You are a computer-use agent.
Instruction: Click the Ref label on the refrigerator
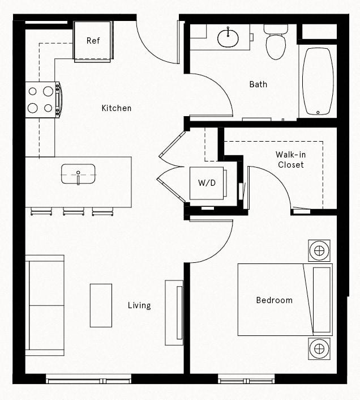pos(93,41)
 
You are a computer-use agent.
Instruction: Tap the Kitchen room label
pos(117,108)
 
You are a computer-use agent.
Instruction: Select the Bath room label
pos(258,84)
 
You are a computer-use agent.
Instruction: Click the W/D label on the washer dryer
pos(207,182)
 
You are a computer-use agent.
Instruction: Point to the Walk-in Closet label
pos(290,160)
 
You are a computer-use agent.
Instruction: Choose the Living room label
pos(139,305)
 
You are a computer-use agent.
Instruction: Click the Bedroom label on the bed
pos(274,300)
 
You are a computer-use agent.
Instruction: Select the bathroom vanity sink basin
pos(228,39)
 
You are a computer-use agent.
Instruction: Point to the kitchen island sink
pos(78,175)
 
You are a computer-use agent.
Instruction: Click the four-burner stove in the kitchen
pos(42,99)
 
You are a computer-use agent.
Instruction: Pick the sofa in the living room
pos(45,305)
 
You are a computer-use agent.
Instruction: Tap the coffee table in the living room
pos(101,305)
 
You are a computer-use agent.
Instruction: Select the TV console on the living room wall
pos(174,312)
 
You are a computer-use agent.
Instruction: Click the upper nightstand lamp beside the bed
pos(319,250)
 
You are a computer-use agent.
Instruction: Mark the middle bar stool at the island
pos(74,212)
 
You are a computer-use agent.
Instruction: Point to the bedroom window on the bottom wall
pos(246,379)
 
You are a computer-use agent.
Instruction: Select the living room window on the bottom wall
pos(88,379)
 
